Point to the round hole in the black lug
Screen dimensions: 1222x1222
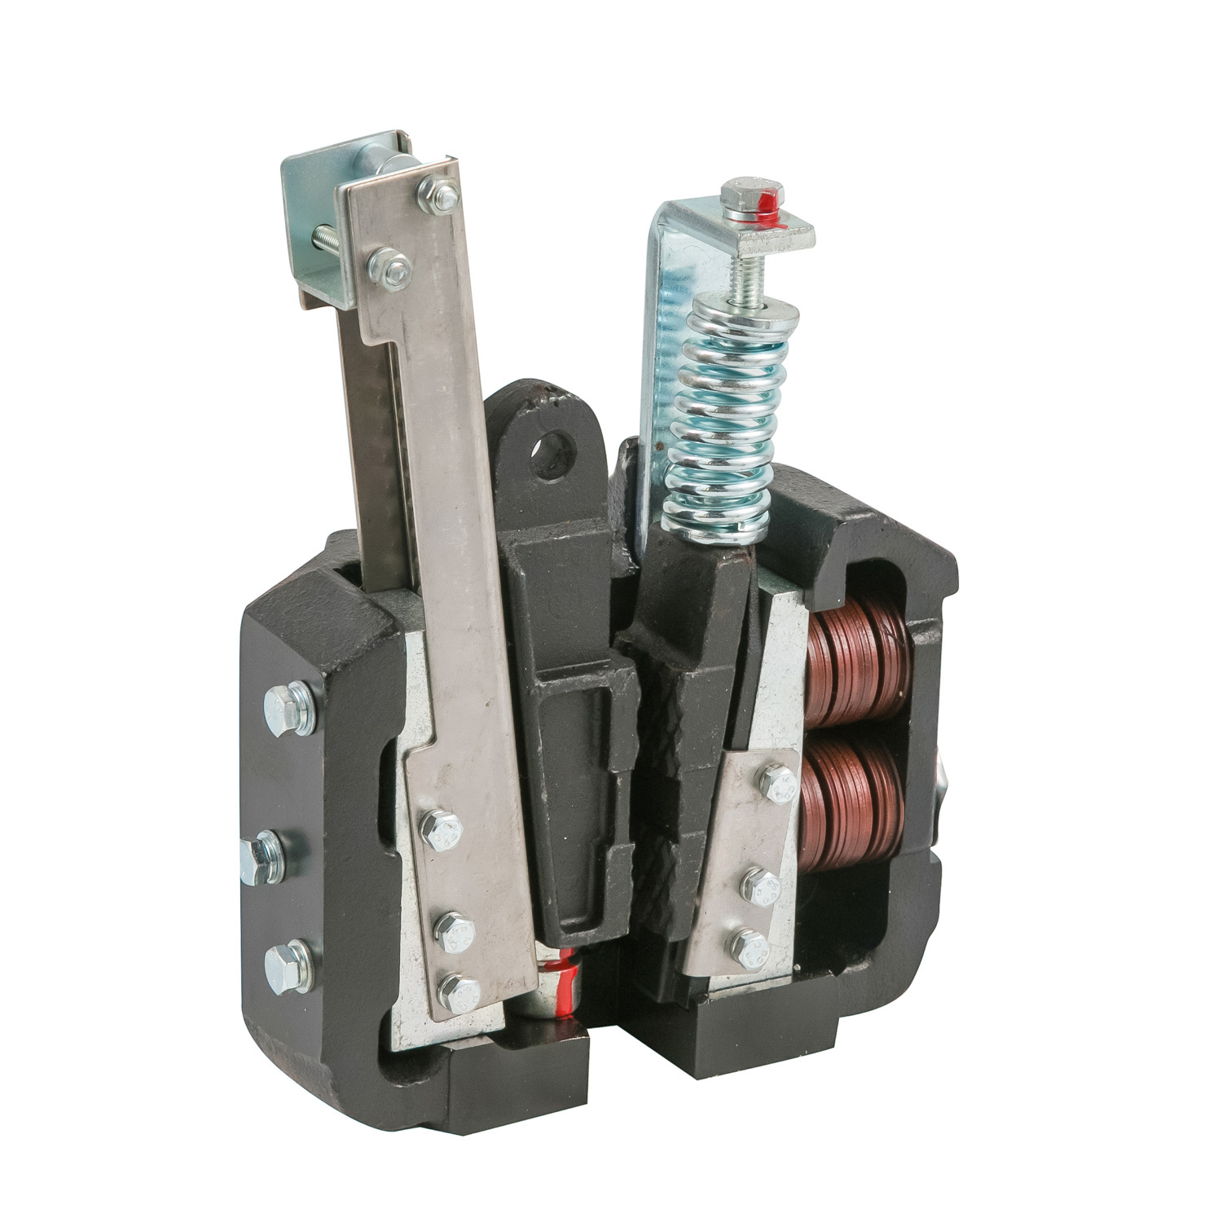point(555,446)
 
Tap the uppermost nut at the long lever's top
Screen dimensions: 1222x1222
point(433,193)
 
